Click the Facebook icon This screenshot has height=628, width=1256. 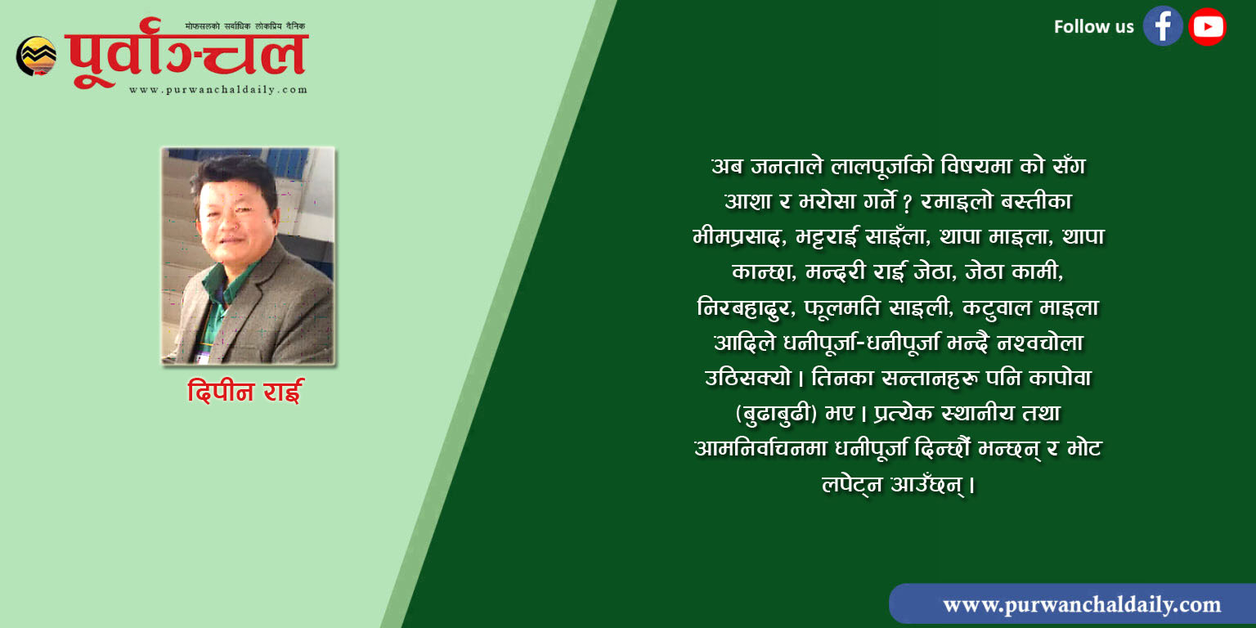1163,26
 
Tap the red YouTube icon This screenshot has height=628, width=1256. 1207,26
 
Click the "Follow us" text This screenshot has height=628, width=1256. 1093,26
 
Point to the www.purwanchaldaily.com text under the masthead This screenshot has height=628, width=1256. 218,90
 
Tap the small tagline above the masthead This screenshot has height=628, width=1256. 245,26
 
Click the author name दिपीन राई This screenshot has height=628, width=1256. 245,391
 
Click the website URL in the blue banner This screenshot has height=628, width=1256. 1082,604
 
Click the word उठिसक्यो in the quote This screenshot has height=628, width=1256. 747,378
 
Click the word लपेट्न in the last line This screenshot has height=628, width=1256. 852,484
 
